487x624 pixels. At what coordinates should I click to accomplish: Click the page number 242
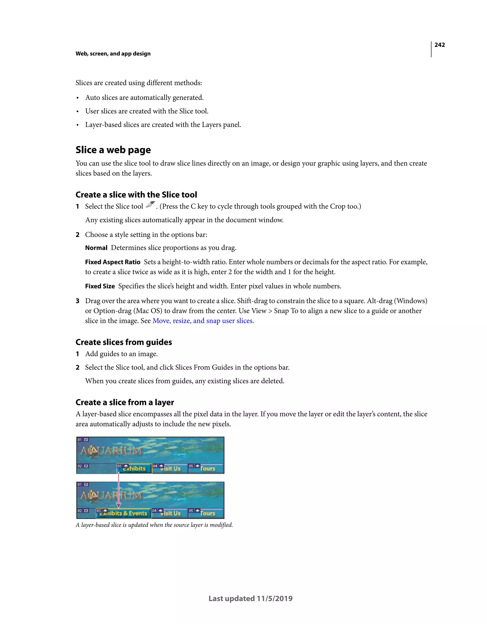tap(439, 45)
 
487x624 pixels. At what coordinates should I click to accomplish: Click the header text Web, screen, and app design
tap(113, 54)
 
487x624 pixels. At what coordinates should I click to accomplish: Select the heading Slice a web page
tap(113, 150)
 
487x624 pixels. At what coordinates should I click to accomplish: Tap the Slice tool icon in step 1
tap(150, 205)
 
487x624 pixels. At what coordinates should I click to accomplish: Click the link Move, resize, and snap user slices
tap(203, 321)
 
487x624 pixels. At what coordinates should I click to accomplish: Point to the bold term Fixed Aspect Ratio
tap(113, 262)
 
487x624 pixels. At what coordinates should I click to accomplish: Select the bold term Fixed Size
tap(100, 286)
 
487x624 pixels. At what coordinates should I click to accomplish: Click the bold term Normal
tap(96, 248)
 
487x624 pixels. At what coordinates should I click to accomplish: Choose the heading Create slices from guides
tap(123, 342)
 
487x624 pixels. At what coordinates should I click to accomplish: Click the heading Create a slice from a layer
tap(125, 402)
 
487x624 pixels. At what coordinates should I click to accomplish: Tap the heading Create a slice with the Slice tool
tap(136, 195)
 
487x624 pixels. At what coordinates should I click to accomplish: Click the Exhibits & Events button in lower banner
tap(123, 513)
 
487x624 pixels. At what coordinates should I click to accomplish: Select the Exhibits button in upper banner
tap(134, 468)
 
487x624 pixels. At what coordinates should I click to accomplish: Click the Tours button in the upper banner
tap(207, 468)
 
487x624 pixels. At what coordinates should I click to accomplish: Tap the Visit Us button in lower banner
tap(170, 513)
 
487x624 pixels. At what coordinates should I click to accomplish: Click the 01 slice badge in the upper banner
tap(80, 440)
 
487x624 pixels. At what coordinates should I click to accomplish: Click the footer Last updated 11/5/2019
tap(250, 599)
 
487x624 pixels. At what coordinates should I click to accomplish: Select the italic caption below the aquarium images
tap(154, 525)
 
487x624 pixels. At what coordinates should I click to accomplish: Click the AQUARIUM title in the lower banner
tap(111, 495)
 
